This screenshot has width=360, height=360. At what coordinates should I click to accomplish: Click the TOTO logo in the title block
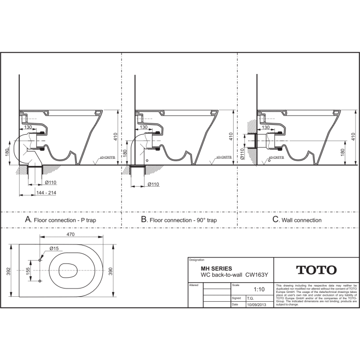(x=316, y=270)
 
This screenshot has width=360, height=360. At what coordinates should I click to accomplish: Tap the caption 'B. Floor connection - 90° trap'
(x=178, y=220)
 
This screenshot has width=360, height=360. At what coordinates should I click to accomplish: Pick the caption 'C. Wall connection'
(x=297, y=220)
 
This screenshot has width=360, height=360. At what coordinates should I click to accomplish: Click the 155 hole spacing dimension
(x=29, y=270)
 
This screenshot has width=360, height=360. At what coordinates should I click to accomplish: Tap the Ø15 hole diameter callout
(x=54, y=249)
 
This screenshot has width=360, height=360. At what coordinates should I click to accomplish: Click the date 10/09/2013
(x=256, y=304)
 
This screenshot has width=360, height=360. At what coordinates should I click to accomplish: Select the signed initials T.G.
(x=250, y=297)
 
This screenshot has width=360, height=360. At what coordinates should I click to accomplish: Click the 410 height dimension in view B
(x=231, y=137)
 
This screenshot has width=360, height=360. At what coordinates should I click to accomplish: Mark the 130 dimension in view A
(x=28, y=127)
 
